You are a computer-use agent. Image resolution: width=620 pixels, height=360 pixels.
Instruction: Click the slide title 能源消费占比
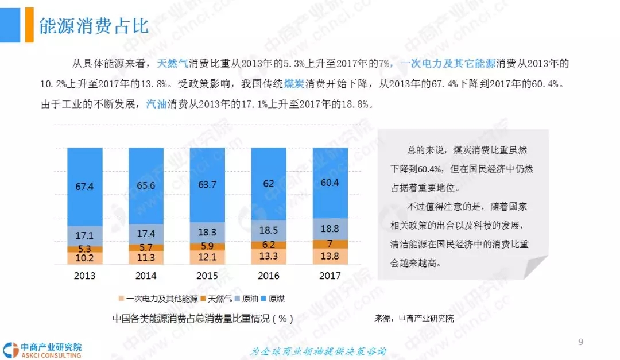click(94, 26)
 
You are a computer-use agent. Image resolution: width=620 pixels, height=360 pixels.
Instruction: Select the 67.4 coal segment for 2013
click(84, 186)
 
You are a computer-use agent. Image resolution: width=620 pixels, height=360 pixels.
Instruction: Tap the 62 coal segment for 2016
click(269, 184)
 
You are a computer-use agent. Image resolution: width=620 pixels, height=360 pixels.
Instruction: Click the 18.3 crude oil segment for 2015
click(207, 232)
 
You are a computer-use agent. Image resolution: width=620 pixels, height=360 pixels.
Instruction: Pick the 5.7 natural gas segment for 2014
click(146, 247)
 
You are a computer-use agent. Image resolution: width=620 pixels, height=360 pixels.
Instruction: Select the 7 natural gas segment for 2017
click(330, 243)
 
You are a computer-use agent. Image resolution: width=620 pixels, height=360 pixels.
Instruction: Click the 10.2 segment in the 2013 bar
click(84, 258)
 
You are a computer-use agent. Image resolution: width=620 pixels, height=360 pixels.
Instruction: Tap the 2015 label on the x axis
click(207, 276)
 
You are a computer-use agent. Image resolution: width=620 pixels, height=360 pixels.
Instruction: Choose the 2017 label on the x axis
click(330, 276)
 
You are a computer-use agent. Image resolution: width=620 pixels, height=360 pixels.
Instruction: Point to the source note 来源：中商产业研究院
click(414, 318)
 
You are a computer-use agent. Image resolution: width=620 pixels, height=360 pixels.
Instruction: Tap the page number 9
click(580, 343)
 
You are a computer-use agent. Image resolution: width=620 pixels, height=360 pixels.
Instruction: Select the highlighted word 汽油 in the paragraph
click(156, 104)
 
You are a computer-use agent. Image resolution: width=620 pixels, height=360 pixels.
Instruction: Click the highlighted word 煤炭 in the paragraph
click(294, 84)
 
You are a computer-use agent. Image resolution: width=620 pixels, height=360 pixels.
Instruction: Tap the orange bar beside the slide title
click(29, 25)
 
